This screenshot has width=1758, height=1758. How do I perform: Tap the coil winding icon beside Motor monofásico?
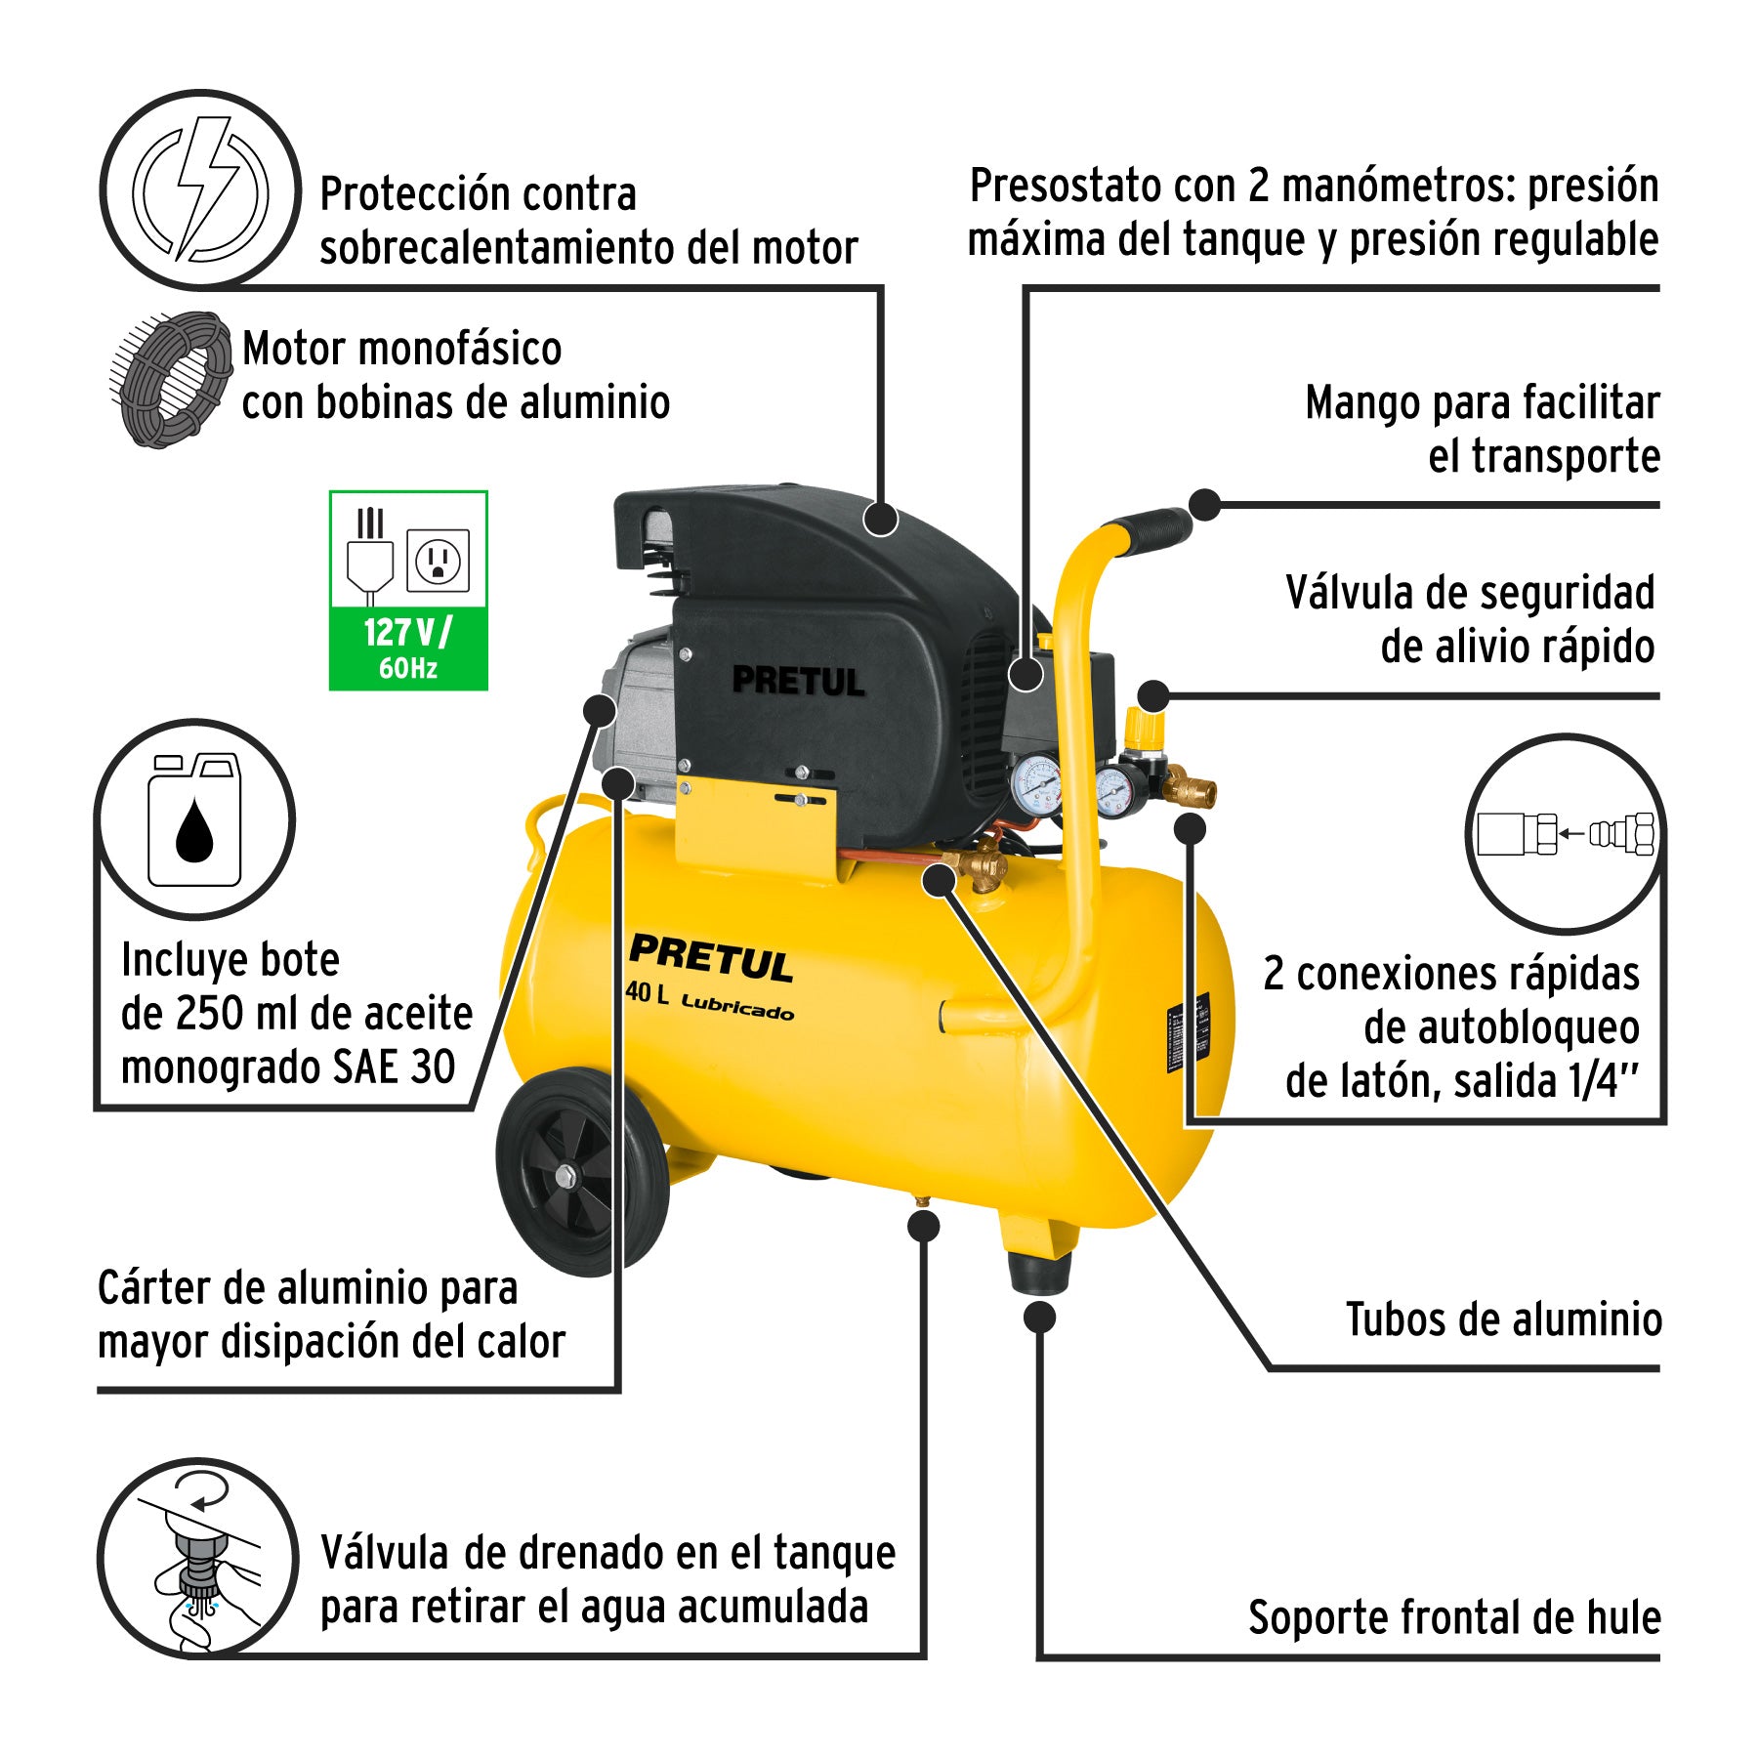click(171, 379)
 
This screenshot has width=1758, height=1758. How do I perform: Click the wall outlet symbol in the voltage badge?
click(438, 560)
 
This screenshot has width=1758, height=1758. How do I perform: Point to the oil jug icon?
click(194, 819)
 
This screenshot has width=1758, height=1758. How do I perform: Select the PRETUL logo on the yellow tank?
click(711, 957)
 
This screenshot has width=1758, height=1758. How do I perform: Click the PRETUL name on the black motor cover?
click(799, 681)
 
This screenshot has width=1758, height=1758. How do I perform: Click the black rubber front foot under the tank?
click(1038, 1273)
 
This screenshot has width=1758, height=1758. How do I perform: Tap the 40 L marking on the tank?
click(648, 992)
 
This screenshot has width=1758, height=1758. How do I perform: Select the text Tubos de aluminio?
click(1503, 1319)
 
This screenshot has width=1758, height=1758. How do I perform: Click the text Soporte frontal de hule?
click(1454, 1617)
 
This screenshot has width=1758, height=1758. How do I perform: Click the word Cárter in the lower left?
click(155, 1288)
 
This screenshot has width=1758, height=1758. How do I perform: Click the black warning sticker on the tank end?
click(1190, 1031)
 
